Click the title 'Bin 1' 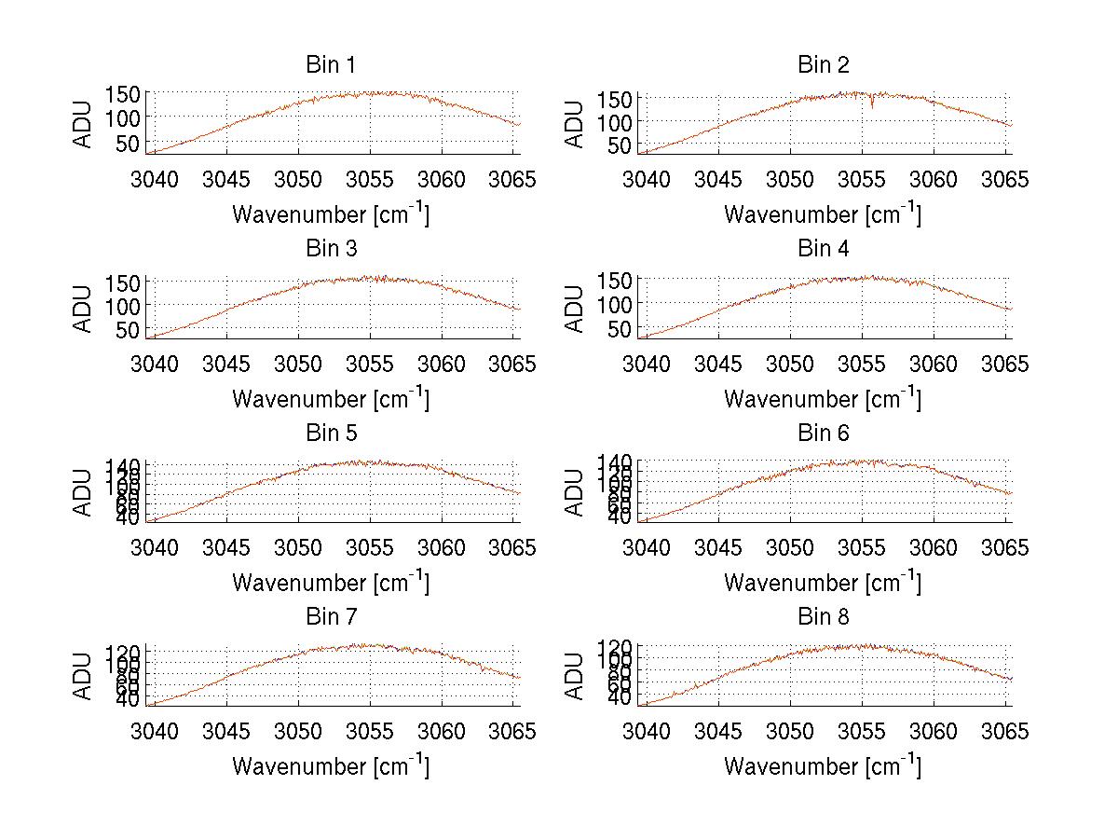(x=330, y=65)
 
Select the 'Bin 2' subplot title (x=823, y=65)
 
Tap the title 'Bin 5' (x=330, y=434)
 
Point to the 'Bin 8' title (x=823, y=617)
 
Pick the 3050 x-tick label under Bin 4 (x=790, y=363)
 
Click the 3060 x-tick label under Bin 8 (x=934, y=731)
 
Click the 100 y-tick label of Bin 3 (x=123, y=305)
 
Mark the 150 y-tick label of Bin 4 (x=615, y=279)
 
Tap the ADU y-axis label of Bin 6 (x=575, y=491)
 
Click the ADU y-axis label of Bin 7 (x=83, y=675)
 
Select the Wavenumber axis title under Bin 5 (x=330, y=583)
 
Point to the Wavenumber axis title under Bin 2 (x=823, y=214)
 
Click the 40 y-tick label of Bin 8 (x=620, y=697)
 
